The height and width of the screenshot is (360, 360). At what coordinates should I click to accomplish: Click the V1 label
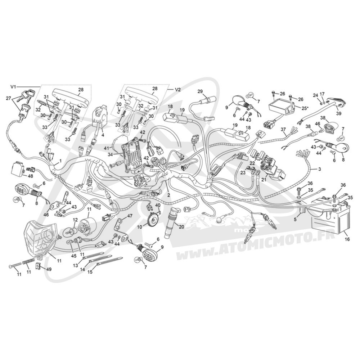(13, 87)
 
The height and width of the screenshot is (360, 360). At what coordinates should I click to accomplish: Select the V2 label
(177, 90)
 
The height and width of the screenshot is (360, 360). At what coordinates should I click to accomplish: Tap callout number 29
(200, 91)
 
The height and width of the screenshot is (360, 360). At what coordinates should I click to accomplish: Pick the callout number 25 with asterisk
(305, 108)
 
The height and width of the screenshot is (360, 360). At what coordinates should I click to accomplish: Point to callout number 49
(49, 269)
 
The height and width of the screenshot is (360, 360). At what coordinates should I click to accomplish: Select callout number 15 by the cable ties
(90, 272)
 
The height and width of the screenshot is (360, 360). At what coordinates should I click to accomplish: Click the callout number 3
(319, 169)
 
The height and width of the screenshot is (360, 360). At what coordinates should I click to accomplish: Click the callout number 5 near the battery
(295, 219)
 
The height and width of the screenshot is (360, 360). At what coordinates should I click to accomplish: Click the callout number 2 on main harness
(168, 195)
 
